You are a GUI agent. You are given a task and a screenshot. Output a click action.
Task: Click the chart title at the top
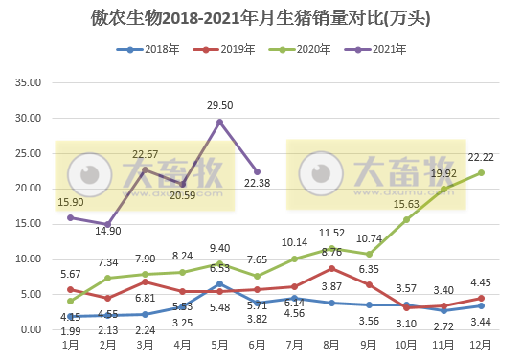[261, 18]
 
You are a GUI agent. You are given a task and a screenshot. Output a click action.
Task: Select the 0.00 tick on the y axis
[30, 329]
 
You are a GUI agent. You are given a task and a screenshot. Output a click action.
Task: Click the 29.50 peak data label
[220, 106]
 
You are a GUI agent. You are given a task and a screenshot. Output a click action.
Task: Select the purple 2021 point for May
[220, 122]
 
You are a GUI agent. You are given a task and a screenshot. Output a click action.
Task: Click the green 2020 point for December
[481, 172]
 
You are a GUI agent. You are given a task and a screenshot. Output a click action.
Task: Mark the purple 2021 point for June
[257, 172]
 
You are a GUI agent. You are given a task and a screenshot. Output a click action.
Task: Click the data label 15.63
[407, 204]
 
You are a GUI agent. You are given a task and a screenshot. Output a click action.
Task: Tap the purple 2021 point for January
[71, 217]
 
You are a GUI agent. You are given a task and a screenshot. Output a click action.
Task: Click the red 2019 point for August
[331, 268]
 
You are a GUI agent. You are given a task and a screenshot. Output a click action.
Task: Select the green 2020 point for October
[406, 219]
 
